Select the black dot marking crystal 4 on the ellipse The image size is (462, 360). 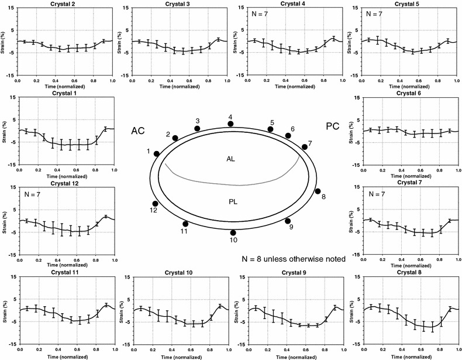pyautogui.click(x=230, y=124)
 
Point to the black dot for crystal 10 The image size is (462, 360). pyautogui.click(x=232, y=232)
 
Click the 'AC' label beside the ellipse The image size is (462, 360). pyautogui.click(x=137, y=132)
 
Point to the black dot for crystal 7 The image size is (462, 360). pyautogui.click(x=304, y=147)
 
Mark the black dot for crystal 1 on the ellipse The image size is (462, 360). pyautogui.click(x=157, y=153)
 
